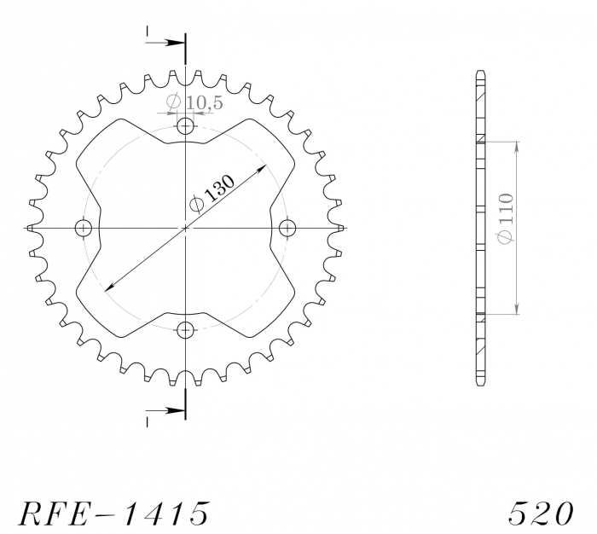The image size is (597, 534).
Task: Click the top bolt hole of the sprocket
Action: pos(185,125)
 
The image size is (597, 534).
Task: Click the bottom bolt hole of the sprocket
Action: pos(185,330)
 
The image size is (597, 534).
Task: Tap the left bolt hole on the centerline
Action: pos(84,228)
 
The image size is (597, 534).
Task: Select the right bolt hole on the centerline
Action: pos(287,228)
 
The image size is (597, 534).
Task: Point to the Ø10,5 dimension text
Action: pos(194,102)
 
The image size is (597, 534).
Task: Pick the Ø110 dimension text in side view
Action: pos(506,218)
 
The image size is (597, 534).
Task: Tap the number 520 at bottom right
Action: pos(541,513)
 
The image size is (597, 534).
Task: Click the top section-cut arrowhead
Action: pos(175,43)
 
